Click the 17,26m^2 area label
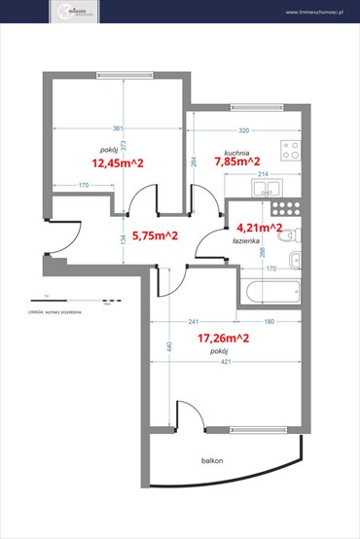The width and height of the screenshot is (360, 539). (224, 339)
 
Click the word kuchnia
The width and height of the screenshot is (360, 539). (236, 152)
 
